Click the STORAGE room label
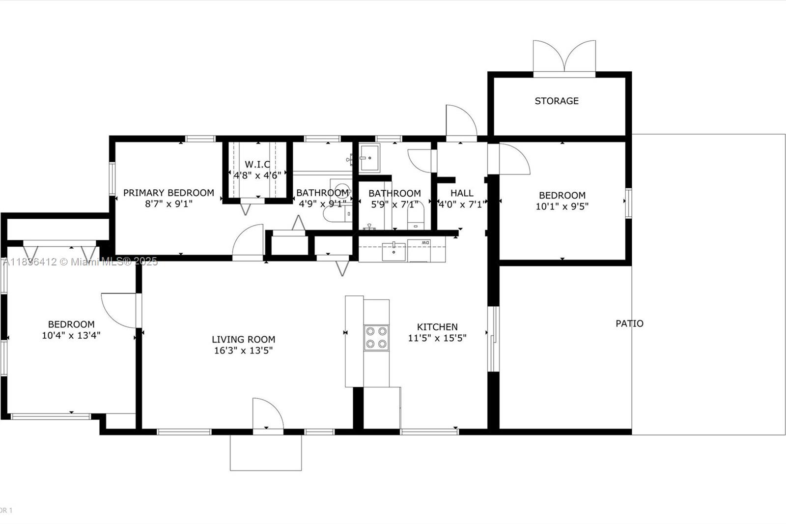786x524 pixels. (556, 101)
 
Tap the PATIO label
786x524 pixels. (629, 323)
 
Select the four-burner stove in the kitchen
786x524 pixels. (376, 338)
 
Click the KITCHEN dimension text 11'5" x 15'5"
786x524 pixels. (437, 338)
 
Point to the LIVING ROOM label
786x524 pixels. (243, 339)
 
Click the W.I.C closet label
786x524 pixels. (257, 164)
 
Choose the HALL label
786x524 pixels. (462, 193)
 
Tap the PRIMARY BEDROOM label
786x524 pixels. (168, 193)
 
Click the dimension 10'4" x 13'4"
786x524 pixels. (71, 336)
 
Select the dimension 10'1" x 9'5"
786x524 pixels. (562, 206)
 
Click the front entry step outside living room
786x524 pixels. (266, 452)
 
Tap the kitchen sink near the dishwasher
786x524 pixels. (393, 251)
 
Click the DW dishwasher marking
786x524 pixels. (425, 243)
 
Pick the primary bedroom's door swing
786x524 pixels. (248, 241)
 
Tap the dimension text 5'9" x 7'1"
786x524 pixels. (394, 204)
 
